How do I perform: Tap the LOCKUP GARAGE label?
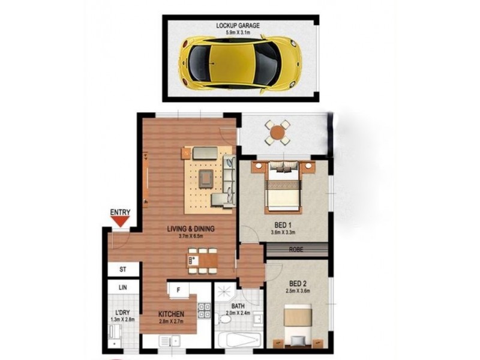coord(239,26)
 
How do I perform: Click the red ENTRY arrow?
coord(121,221)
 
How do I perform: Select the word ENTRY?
coord(121,212)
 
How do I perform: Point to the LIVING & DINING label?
coord(191,229)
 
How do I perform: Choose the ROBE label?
coord(296,250)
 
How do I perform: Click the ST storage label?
coord(122,269)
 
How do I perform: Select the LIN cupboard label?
coord(122,288)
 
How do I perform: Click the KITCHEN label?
coord(171,314)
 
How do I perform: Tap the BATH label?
coord(238,306)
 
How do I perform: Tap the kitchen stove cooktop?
coord(203,311)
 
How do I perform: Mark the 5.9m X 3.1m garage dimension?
coord(239,32)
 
